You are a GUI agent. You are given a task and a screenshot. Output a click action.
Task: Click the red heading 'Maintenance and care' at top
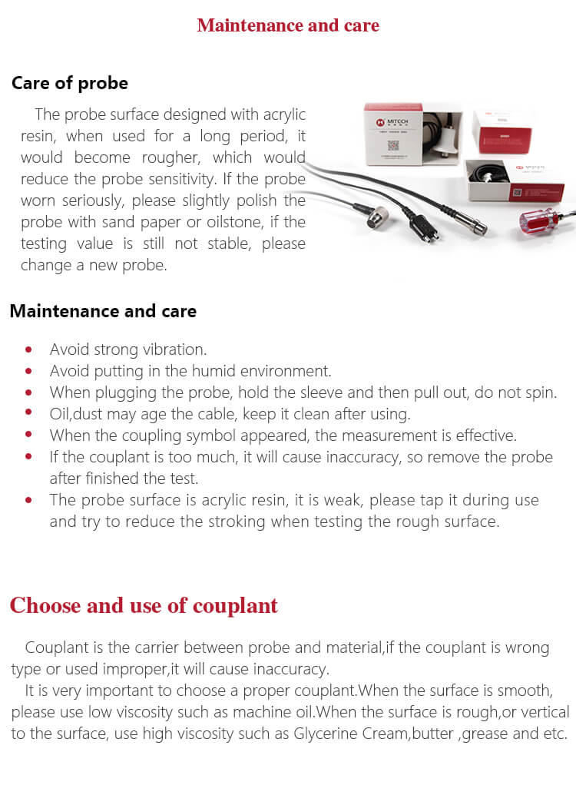[x=288, y=25]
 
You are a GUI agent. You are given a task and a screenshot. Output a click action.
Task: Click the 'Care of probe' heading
[x=70, y=83]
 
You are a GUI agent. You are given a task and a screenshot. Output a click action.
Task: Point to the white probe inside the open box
[x=443, y=143]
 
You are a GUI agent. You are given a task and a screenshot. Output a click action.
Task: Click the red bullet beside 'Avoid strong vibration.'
[x=29, y=349]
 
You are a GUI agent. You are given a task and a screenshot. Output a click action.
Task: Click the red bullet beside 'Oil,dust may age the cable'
[x=29, y=414]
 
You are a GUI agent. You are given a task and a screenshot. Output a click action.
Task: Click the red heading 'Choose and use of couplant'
[x=144, y=605]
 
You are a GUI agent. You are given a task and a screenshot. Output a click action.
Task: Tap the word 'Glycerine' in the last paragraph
[x=331, y=733]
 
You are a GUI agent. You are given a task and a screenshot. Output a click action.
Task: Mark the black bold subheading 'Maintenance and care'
[x=103, y=311]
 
